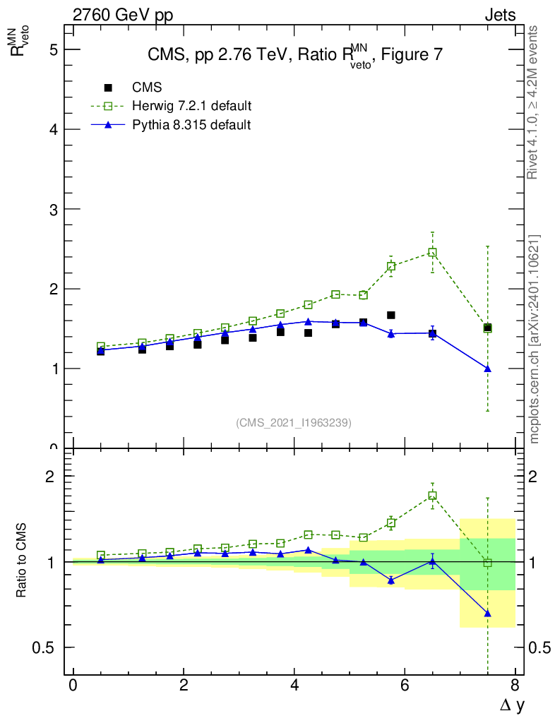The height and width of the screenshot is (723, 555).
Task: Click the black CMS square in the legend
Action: coord(108,88)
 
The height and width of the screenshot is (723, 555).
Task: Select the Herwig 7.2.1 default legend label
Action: coord(192,106)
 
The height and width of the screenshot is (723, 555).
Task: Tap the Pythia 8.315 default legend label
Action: coord(191,125)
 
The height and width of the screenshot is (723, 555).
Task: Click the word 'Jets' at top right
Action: coord(499,15)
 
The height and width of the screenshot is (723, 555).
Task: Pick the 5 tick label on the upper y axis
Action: coord(53,49)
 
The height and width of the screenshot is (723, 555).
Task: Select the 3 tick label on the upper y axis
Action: coord(53,209)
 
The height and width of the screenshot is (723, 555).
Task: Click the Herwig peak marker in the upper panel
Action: coord(432,252)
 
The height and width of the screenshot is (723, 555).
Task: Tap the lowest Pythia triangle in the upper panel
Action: coord(487,369)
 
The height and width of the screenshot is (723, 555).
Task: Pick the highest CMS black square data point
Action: coord(390,315)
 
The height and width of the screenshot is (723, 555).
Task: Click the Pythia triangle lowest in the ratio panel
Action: coord(487,613)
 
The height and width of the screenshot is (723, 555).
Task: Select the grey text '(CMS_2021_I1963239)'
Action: coord(293,422)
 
